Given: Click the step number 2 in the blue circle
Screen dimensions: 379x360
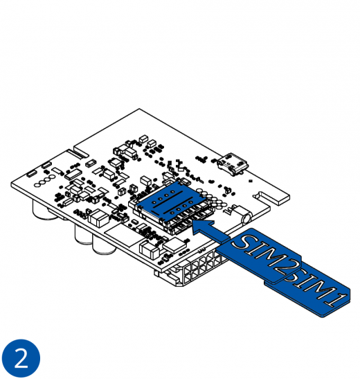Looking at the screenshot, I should [x=21, y=358].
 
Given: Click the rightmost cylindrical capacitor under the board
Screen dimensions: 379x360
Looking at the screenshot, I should [x=104, y=243].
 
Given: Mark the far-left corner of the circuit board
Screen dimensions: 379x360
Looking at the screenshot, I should [x=12, y=184].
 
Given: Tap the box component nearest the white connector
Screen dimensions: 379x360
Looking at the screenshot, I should [x=148, y=248].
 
